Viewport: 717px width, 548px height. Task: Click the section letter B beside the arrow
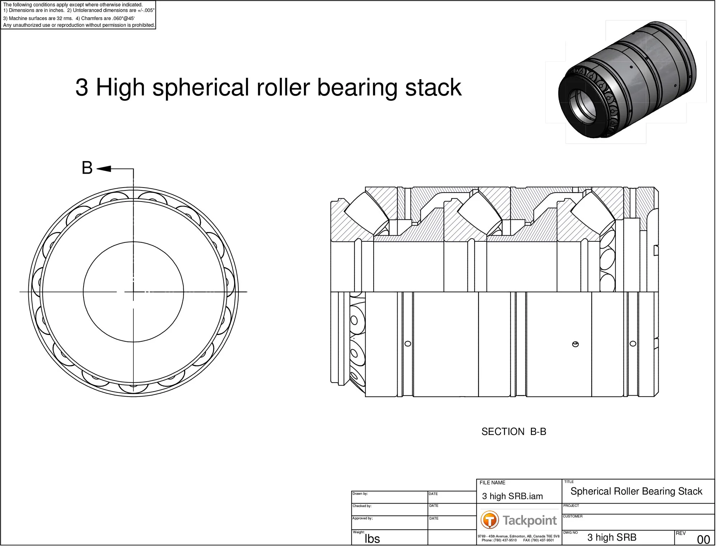pyautogui.click(x=87, y=168)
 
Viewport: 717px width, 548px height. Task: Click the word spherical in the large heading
pyautogui.click(x=200, y=88)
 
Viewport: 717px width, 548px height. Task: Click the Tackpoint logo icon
pyautogui.click(x=490, y=521)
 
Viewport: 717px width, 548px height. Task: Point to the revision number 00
pyautogui.click(x=704, y=541)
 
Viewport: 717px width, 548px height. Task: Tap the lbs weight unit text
pyautogui.click(x=373, y=540)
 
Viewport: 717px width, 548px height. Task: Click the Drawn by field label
pyautogui.click(x=361, y=495)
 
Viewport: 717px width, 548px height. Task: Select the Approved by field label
pyautogui.click(x=363, y=520)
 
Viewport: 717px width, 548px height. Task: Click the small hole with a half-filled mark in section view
pyautogui.click(x=576, y=345)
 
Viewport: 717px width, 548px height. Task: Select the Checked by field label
pyautogui.click(x=362, y=507)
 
